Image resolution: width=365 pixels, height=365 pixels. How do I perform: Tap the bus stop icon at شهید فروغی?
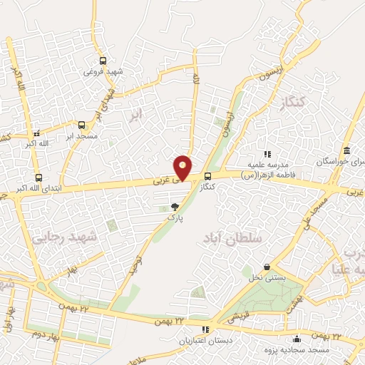coord(103,61)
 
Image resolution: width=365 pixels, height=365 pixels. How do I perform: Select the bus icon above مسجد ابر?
coord(81,124)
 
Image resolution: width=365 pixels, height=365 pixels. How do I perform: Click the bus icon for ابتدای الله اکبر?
coord(38,178)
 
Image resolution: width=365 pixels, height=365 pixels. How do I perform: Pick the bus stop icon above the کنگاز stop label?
coord(207,176)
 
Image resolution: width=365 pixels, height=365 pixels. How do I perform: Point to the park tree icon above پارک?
coord(175,207)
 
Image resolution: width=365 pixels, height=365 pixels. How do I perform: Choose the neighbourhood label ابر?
coord(135,114)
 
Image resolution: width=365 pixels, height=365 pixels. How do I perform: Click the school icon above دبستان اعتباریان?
coord(206,329)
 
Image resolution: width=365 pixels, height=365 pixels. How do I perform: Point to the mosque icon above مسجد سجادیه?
coord(297,338)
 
